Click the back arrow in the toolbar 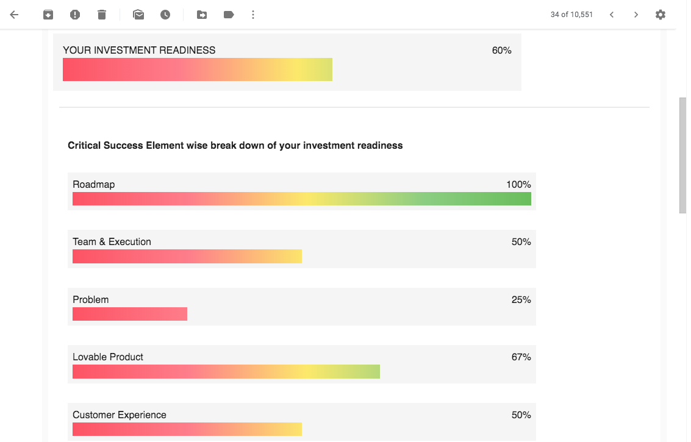15,15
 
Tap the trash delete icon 102,15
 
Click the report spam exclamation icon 75,15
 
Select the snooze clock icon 165,15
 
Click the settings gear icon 661,15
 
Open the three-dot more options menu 253,15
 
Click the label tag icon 229,15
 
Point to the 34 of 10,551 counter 571,15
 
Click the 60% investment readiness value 501,51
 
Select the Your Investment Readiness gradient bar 198,70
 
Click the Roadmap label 93,184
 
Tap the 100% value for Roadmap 518,184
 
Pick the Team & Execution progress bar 187,257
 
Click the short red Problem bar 130,314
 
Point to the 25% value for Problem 521,300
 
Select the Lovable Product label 108,357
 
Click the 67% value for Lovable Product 521,357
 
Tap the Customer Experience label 120,415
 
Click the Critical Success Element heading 235,145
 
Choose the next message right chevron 636,15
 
